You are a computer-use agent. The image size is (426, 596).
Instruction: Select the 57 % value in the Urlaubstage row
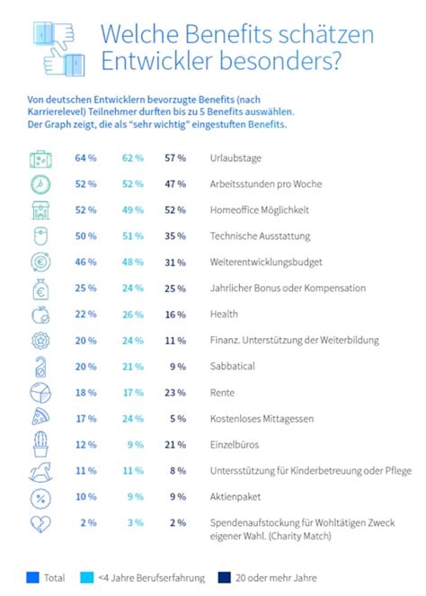tap(175, 158)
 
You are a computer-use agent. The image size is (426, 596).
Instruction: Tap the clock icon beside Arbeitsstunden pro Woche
tap(40, 184)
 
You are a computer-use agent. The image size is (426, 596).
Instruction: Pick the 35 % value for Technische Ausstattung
tap(175, 236)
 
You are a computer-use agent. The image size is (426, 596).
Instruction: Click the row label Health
tap(224, 315)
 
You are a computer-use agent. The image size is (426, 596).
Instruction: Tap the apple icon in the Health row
tap(40, 315)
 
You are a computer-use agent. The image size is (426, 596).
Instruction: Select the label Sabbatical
tap(233, 367)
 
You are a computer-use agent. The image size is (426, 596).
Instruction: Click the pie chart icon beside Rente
tap(40, 393)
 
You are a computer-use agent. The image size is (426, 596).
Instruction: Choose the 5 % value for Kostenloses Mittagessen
tap(178, 419)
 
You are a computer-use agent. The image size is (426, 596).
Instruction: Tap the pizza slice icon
tap(40, 419)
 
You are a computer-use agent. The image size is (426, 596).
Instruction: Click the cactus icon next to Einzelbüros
tap(40, 445)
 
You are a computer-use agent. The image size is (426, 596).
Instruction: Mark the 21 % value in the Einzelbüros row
tap(175, 445)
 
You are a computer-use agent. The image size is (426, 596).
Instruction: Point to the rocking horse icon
tap(40, 472)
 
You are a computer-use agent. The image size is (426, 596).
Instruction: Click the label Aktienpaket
tap(235, 497)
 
